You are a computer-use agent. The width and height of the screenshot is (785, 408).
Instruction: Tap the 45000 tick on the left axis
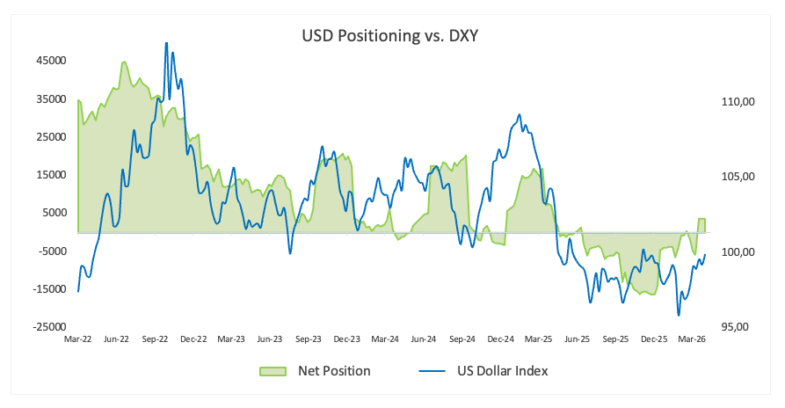coord(50,61)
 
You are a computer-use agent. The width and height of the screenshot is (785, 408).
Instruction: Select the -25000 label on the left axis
coord(49,326)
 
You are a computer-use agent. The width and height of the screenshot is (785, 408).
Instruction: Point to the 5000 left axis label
coord(54,213)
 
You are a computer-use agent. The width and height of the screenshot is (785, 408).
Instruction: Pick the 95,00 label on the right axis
coord(735,326)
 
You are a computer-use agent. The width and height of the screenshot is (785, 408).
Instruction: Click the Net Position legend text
coord(334,371)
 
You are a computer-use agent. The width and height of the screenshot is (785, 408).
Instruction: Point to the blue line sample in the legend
coord(432,371)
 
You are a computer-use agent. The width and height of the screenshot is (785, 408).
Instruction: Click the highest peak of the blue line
coord(166,43)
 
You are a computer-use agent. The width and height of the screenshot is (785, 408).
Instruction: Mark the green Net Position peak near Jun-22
coord(124,62)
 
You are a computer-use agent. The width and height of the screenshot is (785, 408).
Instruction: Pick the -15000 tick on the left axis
coord(49,288)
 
